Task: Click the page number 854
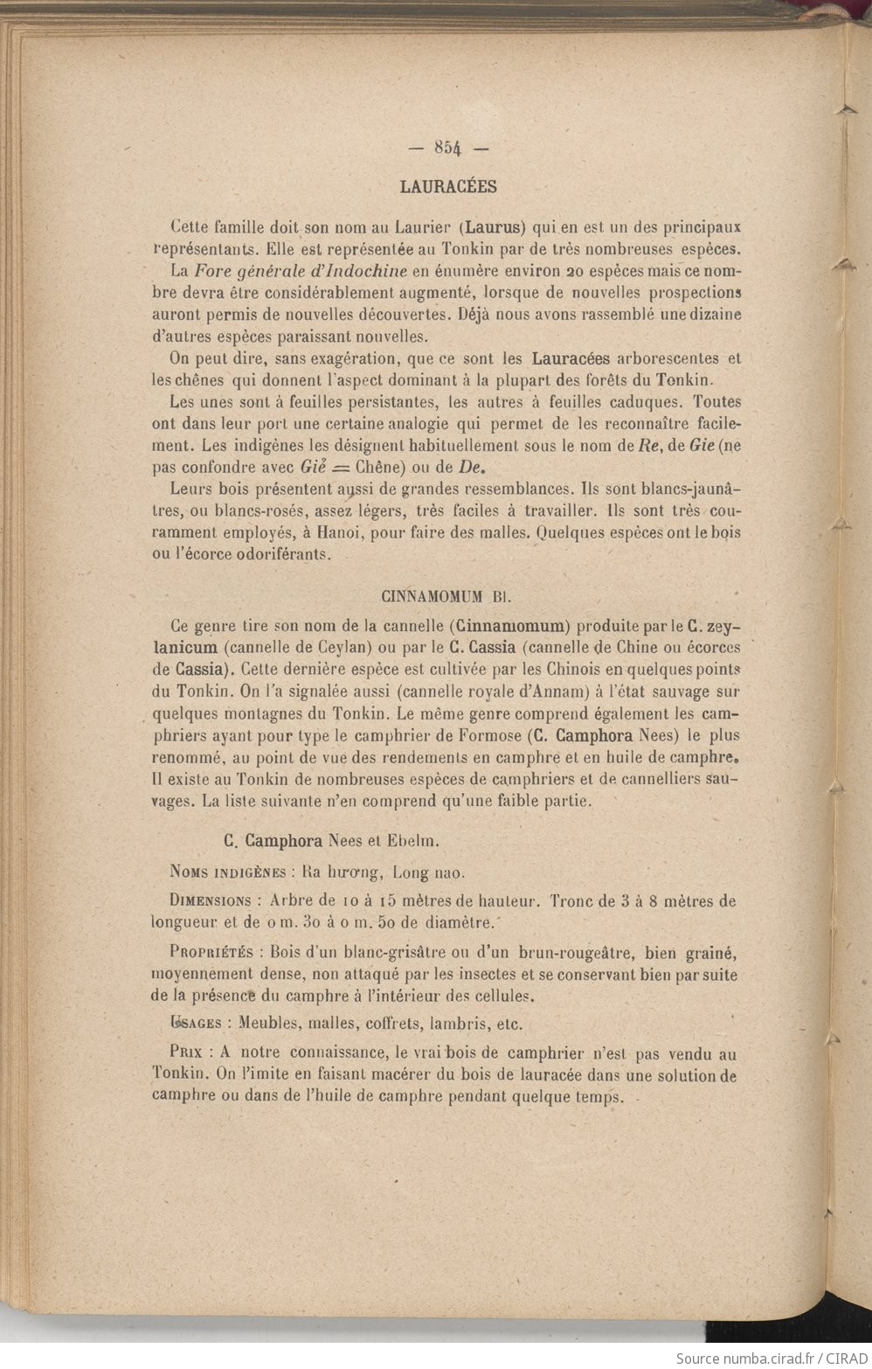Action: click(448, 148)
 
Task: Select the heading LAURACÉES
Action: click(448, 186)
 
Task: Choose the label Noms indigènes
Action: click(228, 872)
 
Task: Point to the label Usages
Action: click(197, 1024)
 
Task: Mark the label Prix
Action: click(186, 1053)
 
